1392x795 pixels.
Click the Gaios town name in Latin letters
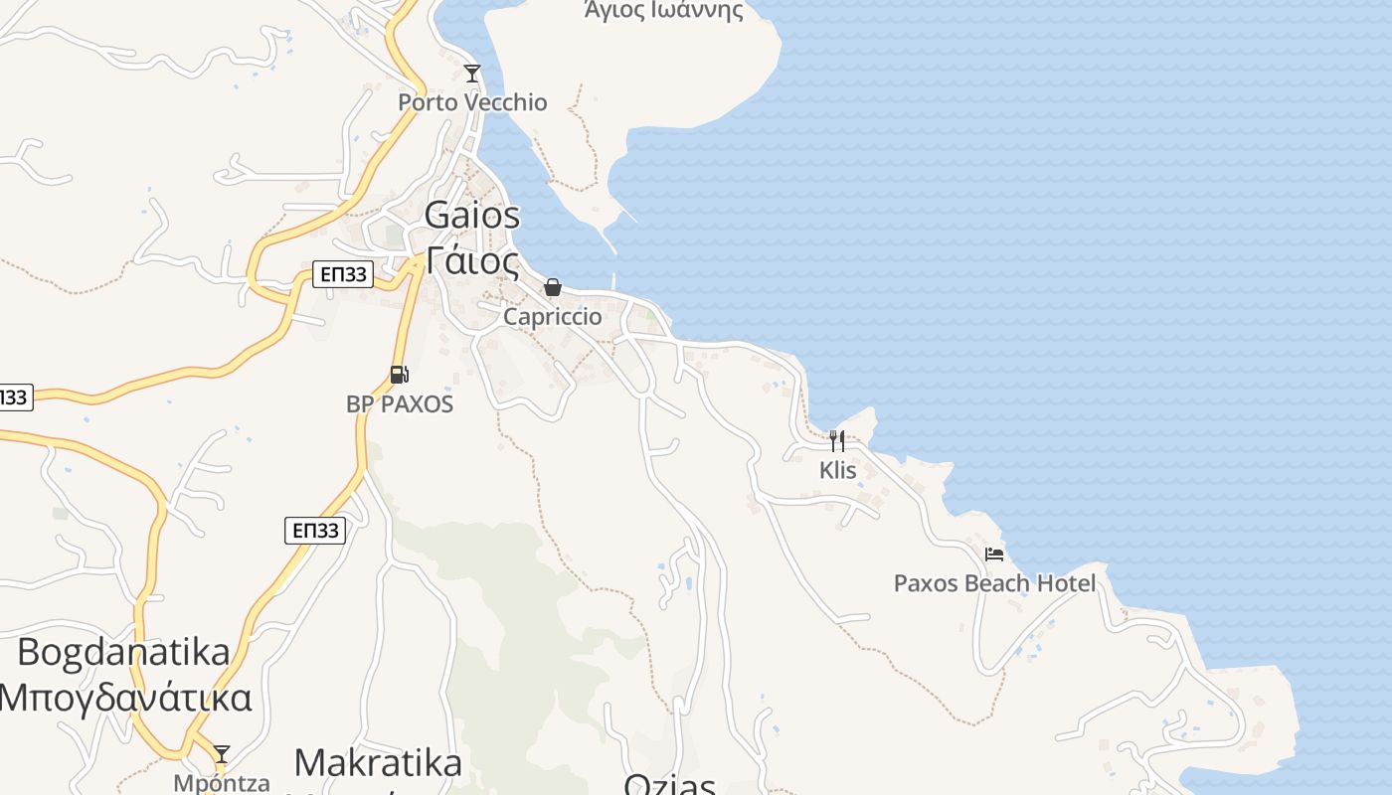click(x=472, y=215)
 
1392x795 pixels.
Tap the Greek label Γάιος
click(x=472, y=260)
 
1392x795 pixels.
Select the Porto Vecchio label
click(x=472, y=102)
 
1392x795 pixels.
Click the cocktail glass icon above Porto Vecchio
click(x=472, y=74)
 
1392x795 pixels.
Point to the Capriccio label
click(x=553, y=317)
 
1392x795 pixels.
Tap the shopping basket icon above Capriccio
click(x=553, y=288)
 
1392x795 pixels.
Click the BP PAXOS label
click(x=400, y=404)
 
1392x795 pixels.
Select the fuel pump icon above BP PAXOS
click(x=400, y=375)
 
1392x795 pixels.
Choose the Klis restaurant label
click(x=838, y=470)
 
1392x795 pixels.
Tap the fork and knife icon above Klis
click(x=837, y=440)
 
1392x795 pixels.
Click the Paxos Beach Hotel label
click(x=994, y=583)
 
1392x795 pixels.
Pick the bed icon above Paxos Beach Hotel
click(x=994, y=555)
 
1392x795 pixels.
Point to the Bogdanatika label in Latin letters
click(x=124, y=653)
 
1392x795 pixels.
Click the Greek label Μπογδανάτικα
click(x=124, y=698)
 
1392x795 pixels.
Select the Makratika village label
click(x=378, y=763)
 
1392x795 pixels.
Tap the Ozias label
click(x=669, y=785)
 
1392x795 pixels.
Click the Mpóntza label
click(x=222, y=782)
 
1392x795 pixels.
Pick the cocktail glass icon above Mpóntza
click(x=222, y=754)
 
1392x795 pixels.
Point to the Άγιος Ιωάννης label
click(x=663, y=11)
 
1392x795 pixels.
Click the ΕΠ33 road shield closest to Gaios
click(x=343, y=275)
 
